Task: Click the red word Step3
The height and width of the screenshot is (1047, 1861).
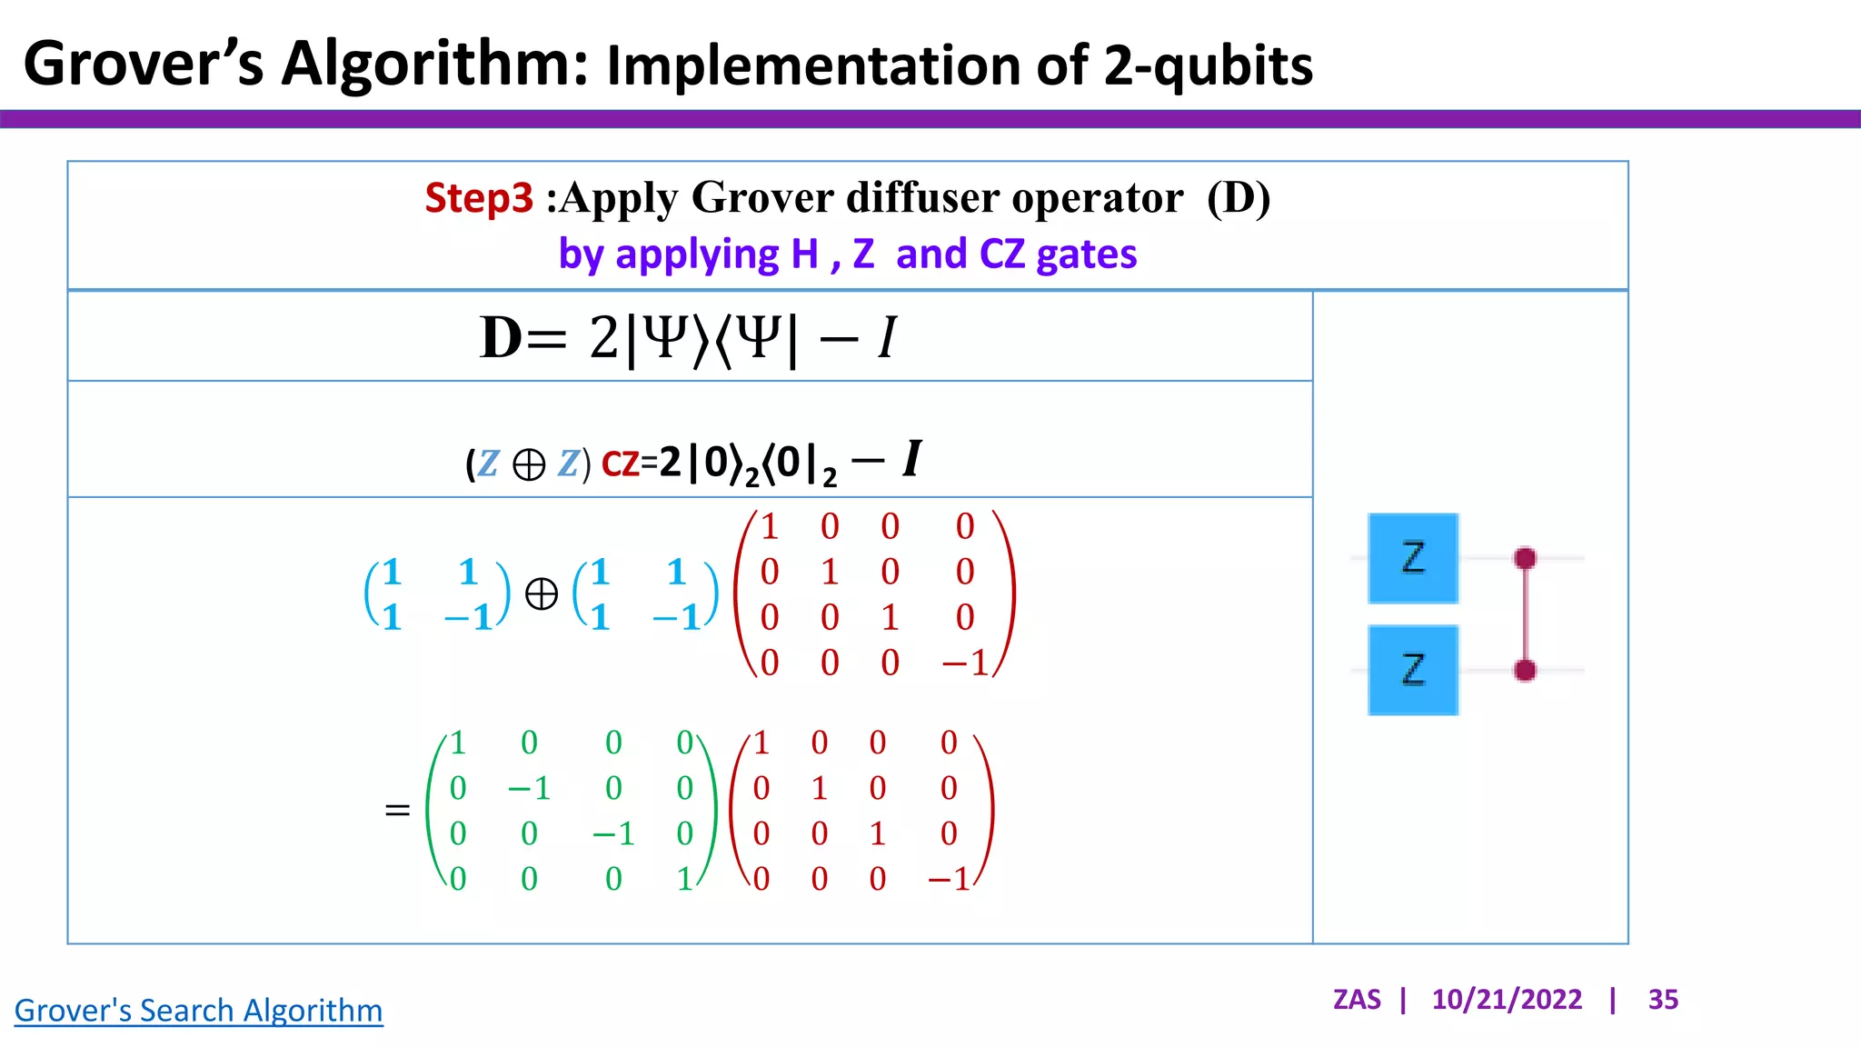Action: point(478,198)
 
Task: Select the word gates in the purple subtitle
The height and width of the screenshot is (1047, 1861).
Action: point(1086,254)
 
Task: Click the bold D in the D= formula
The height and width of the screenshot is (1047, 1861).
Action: point(501,338)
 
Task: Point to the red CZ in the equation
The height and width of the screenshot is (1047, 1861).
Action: point(621,464)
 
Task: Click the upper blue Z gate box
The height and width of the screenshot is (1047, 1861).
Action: point(1413,558)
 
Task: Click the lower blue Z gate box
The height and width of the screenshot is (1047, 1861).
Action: point(1413,671)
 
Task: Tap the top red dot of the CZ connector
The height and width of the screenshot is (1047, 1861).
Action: point(1526,558)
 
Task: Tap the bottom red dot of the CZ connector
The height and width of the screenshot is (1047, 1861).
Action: point(1526,671)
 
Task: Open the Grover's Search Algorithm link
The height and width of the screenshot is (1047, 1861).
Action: point(198,1011)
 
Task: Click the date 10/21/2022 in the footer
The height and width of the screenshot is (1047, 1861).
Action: point(1507,1000)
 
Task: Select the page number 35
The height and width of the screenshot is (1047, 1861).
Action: point(1663,1000)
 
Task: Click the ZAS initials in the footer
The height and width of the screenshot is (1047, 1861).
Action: point(1357,1000)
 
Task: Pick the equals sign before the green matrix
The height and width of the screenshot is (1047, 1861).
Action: point(397,810)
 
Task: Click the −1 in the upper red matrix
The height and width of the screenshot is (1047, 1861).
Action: point(965,663)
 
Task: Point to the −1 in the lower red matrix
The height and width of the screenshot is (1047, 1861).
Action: point(950,880)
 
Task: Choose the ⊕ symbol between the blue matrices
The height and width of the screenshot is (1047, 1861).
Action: point(542,594)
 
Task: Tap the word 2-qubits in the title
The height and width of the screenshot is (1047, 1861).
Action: point(1209,65)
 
